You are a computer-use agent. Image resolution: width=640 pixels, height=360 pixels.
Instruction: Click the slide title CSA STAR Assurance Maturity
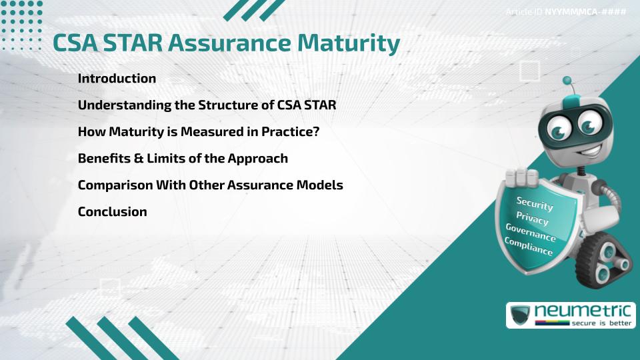226,43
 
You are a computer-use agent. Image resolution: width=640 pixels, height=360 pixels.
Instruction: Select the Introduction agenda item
117,78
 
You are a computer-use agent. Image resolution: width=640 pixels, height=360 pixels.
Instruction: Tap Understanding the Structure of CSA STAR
211,105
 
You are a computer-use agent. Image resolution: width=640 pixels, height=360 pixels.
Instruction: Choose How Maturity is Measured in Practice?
199,131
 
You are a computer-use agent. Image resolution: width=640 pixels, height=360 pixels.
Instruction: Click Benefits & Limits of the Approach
183,158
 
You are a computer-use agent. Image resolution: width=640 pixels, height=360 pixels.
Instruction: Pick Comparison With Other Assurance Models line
210,185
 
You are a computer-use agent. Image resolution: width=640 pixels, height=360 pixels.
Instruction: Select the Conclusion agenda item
112,211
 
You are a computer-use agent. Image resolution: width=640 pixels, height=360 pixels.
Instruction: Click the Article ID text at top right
566,12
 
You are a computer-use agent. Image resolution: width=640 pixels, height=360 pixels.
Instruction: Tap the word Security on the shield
535,203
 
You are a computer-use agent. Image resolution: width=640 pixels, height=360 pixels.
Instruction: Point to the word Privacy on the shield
532,218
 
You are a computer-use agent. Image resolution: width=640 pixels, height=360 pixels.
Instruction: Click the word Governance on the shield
530,232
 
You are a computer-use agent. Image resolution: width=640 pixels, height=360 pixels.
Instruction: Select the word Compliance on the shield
528,246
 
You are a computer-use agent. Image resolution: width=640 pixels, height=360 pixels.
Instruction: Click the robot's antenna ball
567,81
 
